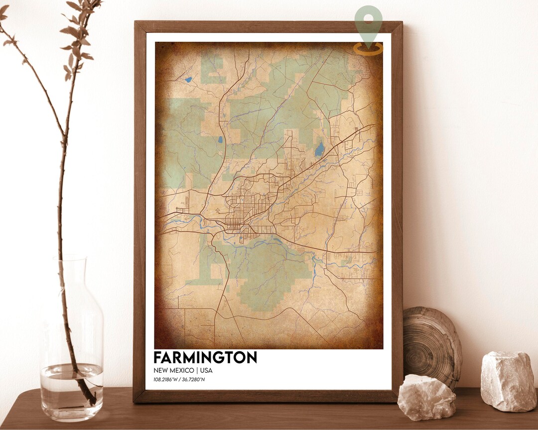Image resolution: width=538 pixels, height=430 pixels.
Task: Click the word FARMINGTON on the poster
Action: tap(205, 357)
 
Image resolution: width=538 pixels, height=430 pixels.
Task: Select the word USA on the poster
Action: tap(206, 370)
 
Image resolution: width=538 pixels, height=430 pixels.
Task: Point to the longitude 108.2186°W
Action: tap(166, 380)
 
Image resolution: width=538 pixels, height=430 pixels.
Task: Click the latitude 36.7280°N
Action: tap(193, 380)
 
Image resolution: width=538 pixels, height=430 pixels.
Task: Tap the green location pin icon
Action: tap(369, 20)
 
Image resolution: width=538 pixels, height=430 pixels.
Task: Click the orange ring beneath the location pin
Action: tap(369, 48)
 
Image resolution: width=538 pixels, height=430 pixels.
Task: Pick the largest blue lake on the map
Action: tap(319, 149)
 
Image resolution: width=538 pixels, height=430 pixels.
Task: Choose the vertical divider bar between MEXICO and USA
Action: tap(197, 370)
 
